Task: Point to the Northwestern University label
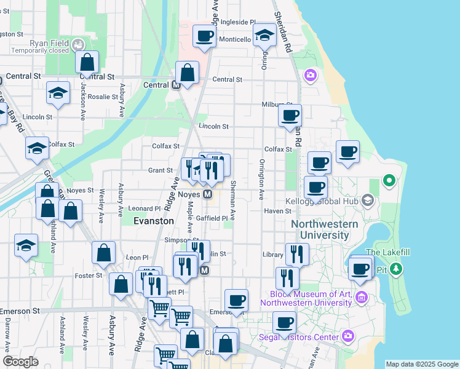(324, 229)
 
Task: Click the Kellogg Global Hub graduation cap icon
(368, 200)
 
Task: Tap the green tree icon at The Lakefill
(396, 269)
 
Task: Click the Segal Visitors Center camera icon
(349, 336)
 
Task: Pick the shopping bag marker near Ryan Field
(87, 61)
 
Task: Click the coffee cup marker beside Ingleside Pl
(204, 35)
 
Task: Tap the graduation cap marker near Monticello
(264, 36)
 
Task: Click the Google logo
(20, 362)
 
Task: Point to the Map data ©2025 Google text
(421, 364)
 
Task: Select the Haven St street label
(277, 211)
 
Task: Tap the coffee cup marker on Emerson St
(236, 301)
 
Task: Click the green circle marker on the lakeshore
(389, 180)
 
